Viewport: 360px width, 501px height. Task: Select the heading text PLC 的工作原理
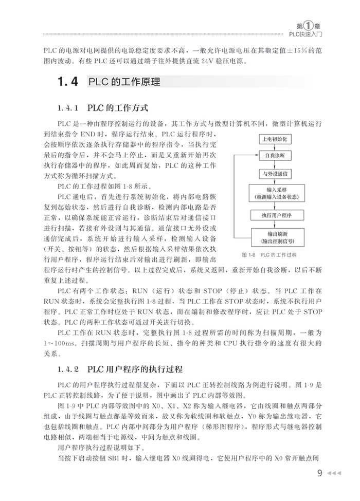tap(124, 82)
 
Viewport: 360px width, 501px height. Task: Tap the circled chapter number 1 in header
tap(307, 25)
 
